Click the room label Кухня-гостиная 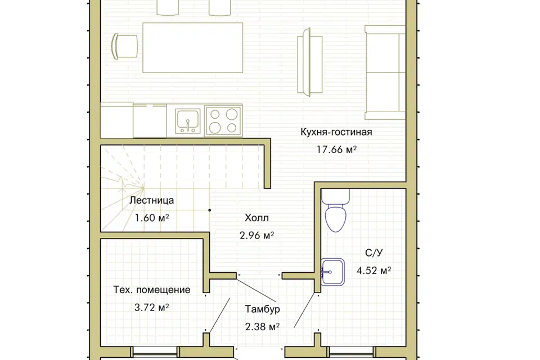(336, 132)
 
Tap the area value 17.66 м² (336, 150)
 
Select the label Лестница (151, 200)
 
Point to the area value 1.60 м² (151, 218)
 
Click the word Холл (256, 218)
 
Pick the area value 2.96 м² (256, 235)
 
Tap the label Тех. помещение (151, 290)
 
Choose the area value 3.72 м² (151, 307)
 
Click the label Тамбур (262, 309)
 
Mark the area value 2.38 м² (262, 327)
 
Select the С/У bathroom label (373, 253)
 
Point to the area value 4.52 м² (373, 271)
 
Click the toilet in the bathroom (335, 210)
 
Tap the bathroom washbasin (332, 272)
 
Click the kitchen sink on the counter (188, 121)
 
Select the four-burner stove (223, 121)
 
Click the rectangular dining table (192, 48)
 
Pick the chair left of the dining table (125, 46)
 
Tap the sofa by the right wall (385, 73)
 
